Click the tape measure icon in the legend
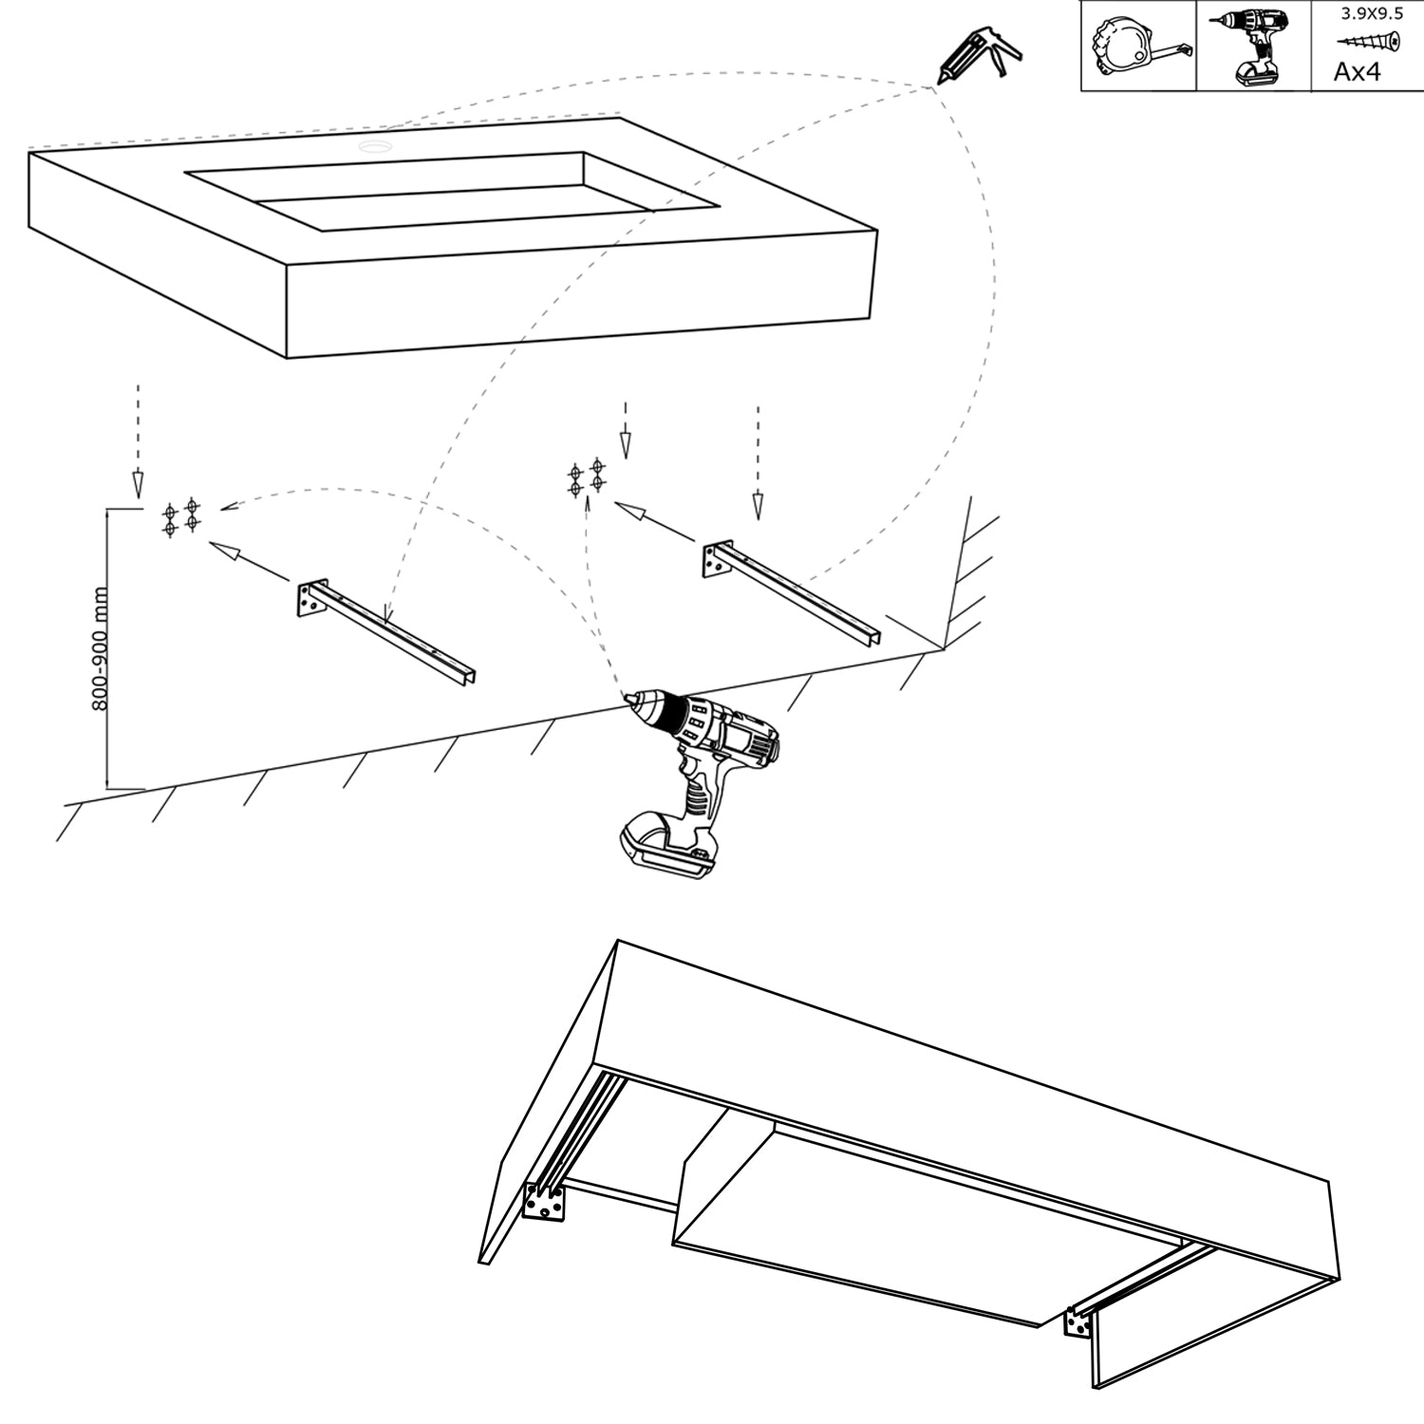pos(1138,46)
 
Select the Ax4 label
pos(1357,71)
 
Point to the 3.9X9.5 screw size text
pos(1371,13)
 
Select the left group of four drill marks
pos(180,516)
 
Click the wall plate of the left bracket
pos(309,599)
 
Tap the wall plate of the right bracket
pos(714,560)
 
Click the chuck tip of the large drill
pos(628,701)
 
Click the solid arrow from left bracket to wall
pos(249,561)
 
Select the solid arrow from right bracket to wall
pos(655,523)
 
